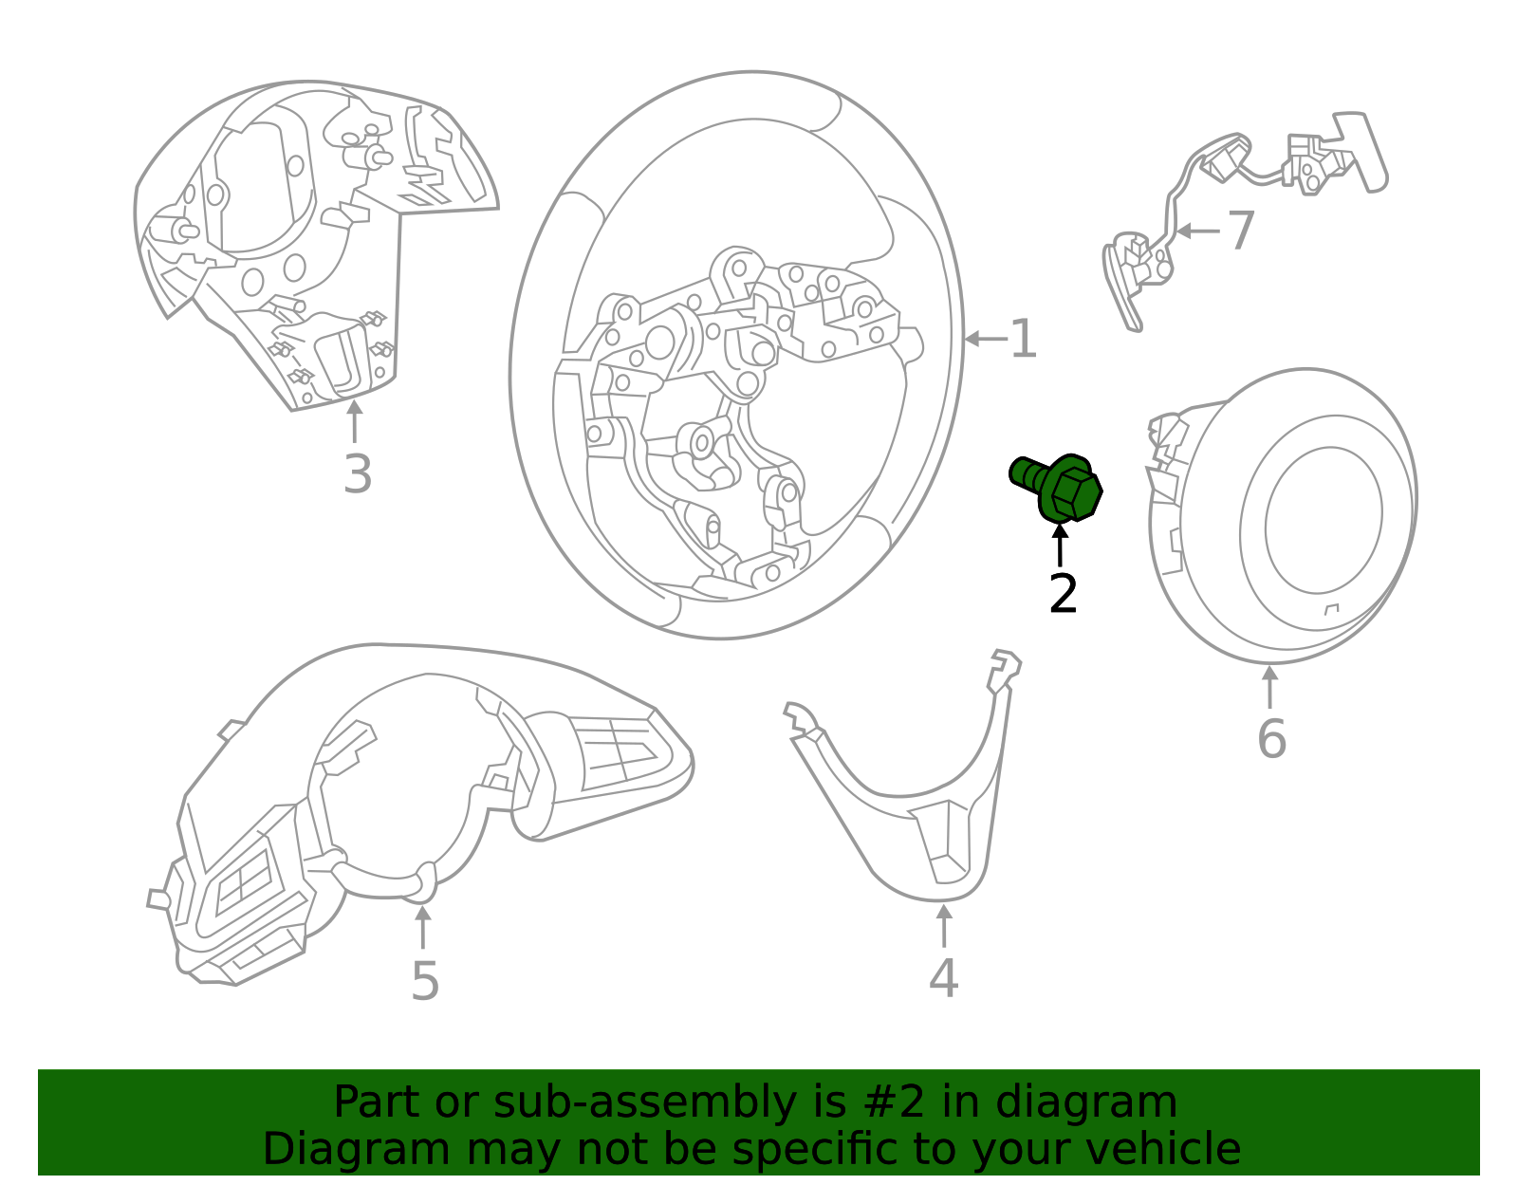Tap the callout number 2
tap(1063, 595)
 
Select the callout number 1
tap(1023, 340)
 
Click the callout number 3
tap(357, 474)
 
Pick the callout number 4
tap(943, 978)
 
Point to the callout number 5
tap(424, 981)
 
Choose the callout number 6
tap(1270, 739)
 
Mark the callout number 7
tap(1240, 231)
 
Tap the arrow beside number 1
tap(985, 339)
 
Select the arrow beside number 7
tap(1196, 231)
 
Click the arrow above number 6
tap(1269, 687)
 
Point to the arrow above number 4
tap(943, 926)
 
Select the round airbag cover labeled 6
tap(1290, 517)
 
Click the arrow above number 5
tap(423, 927)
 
